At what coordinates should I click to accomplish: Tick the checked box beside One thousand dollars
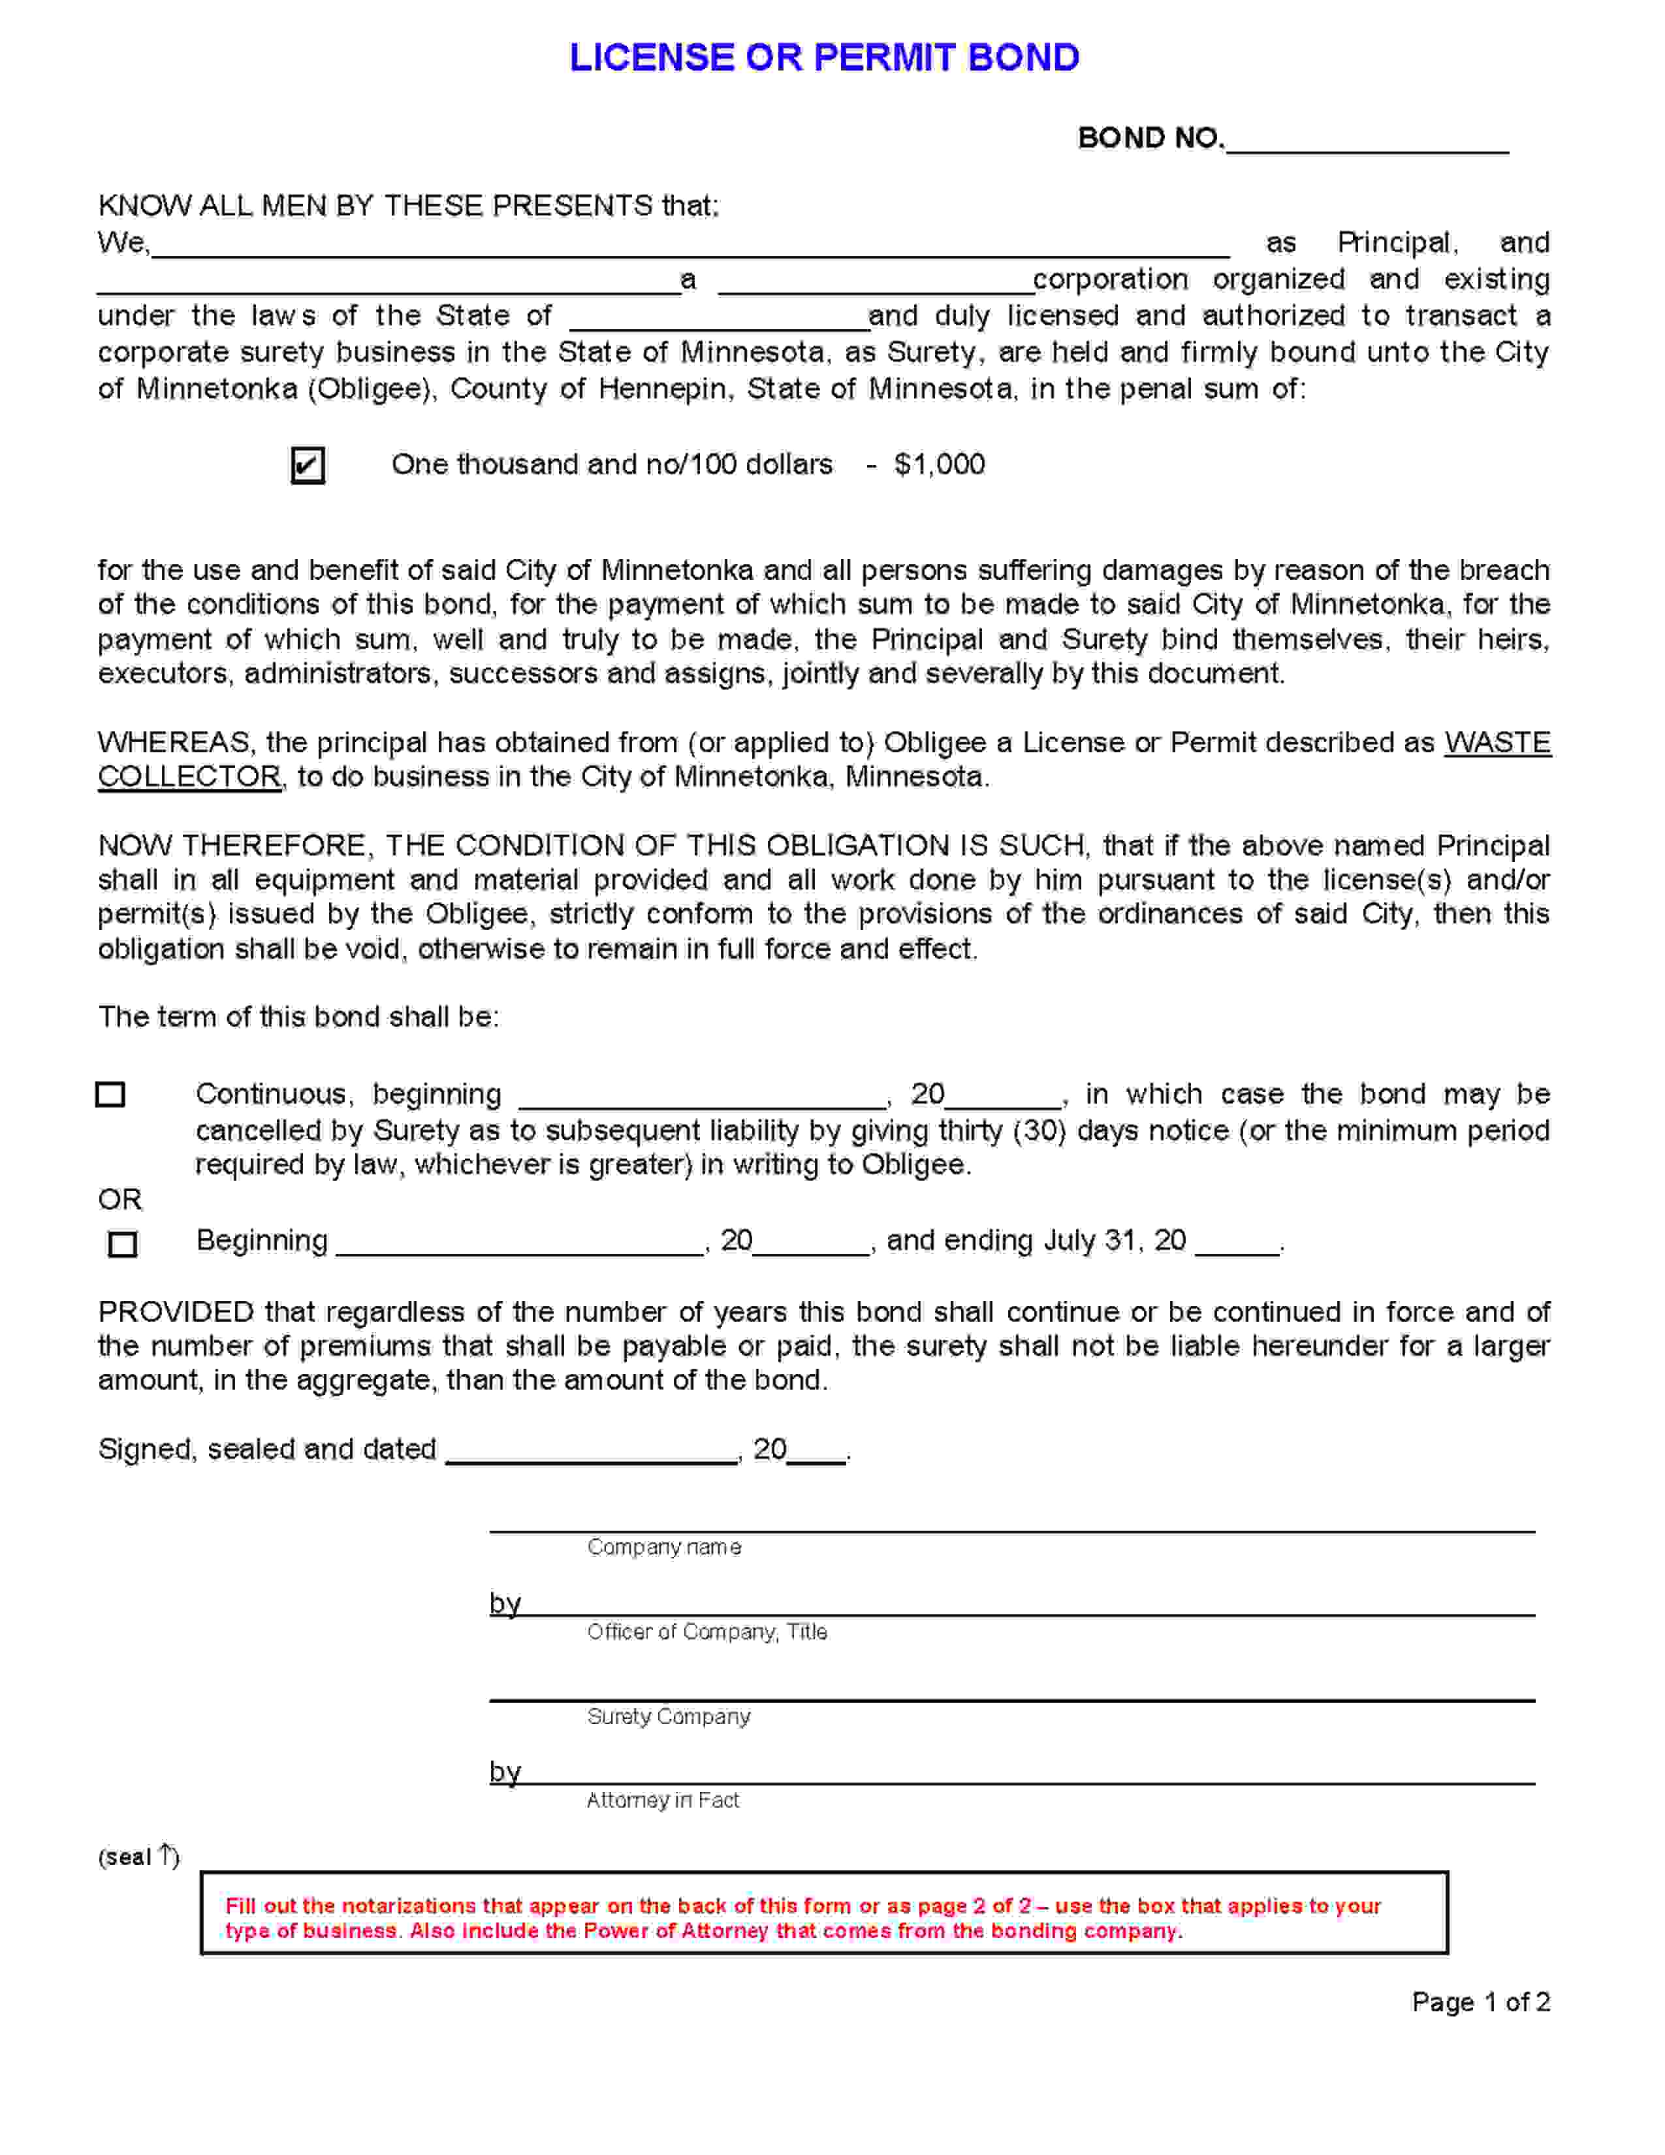[308, 465]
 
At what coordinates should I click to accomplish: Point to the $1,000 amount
[939, 465]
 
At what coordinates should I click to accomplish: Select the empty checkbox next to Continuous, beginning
[110, 1094]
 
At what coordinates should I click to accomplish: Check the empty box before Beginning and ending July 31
[122, 1243]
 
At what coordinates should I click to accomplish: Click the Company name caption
[664, 1547]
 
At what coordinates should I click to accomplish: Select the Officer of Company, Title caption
[706, 1632]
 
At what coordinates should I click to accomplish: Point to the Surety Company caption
[668, 1717]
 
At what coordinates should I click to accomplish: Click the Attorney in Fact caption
[662, 1801]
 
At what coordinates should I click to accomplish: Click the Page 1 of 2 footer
[1481, 2002]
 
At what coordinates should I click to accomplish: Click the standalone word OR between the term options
[119, 1200]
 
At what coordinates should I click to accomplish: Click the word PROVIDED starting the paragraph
[176, 1313]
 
